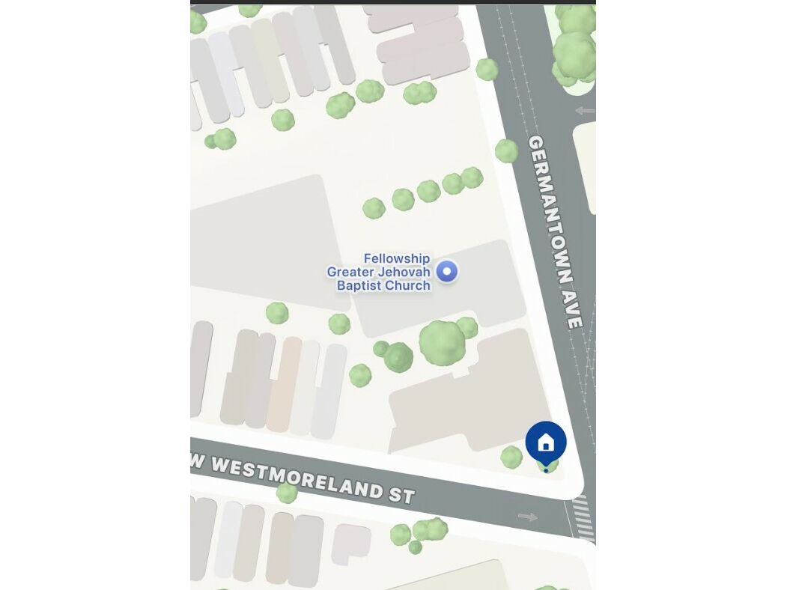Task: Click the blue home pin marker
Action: pos(546,442)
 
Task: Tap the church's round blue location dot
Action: pos(447,271)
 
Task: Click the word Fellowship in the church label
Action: pos(397,258)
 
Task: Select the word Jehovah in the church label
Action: pos(404,272)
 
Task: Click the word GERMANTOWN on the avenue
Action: pos(551,210)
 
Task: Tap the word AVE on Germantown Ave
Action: pos(574,314)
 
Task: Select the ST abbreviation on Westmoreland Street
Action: pos(401,495)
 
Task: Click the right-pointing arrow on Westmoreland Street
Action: pos(528,517)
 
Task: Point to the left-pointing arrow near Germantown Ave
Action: pos(585,111)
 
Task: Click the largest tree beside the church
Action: pos(442,342)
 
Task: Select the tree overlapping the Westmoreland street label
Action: pos(287,492)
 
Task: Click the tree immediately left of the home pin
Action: pos(511,457)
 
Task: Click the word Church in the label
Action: pos(409,285)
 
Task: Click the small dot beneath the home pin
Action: pos(546,470)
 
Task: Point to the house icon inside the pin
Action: pos(546,443)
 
